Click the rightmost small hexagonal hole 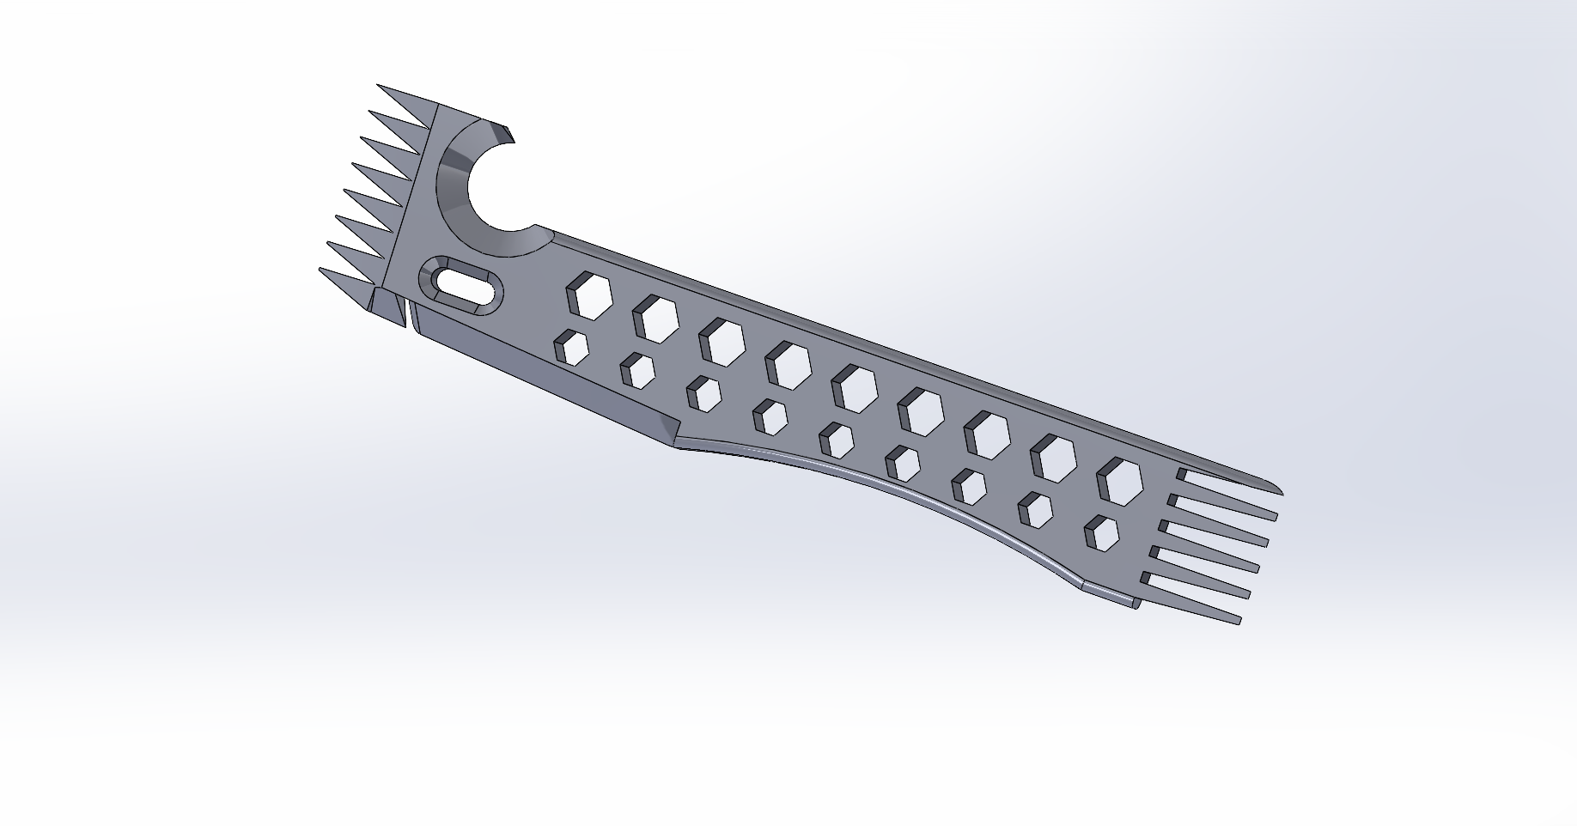(x=1102, y=532)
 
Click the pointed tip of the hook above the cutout (x=508, y=134)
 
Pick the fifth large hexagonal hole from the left (x=853, y=387)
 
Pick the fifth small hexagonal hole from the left (x=836, y=440)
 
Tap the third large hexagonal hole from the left (x=721, y=341)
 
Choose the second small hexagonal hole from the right (x=1035, y=509)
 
